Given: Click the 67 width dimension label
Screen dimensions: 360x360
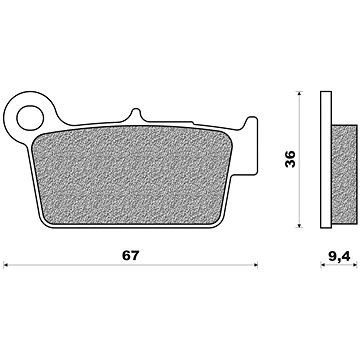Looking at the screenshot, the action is click(x=130, y=255).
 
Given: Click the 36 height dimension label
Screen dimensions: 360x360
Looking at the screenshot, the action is click(x=290, y=159).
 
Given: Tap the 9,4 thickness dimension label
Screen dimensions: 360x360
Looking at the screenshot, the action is click(x=339, y=256).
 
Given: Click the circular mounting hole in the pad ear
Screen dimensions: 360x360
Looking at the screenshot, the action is click(x=30, y=118).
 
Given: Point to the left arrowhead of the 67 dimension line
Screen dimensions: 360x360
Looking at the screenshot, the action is click(x=5, y=265).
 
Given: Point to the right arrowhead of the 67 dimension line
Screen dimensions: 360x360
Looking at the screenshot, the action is click(x=256, y=265).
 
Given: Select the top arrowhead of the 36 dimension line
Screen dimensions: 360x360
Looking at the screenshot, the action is click(x=299, y=94).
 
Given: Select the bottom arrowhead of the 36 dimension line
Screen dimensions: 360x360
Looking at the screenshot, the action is click(x=299, y=225).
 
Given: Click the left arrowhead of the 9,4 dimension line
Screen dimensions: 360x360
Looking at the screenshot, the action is click(x=323, y=265).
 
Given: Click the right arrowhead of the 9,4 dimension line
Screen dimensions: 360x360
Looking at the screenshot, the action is click(x=355, y=265).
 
